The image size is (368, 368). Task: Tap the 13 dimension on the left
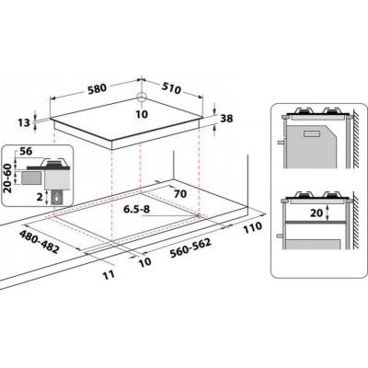coord(25,122)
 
